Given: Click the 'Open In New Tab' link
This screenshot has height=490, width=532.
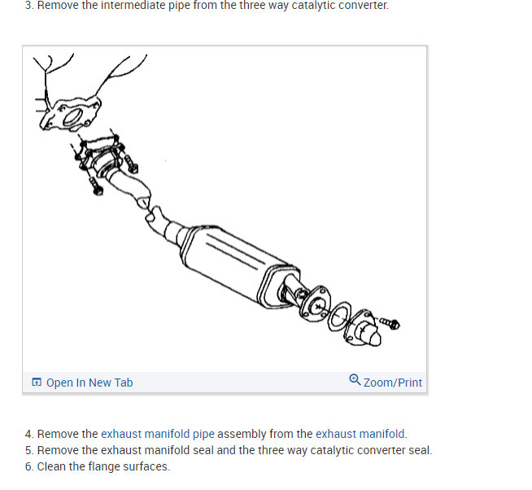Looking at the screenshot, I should point(89,383).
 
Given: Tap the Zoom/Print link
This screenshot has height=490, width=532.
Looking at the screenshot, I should point(393,383).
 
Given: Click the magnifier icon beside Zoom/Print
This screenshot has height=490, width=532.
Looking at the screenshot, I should point(355,380).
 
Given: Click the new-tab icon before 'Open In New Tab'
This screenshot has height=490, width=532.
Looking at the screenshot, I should point(36,383).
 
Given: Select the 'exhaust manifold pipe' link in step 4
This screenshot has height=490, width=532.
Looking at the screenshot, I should point(157,434).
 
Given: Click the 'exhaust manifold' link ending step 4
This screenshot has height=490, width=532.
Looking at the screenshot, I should point(360,434).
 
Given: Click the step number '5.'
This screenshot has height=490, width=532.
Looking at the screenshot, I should point(29,450).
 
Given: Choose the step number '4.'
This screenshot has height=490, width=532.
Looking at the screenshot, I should point(29,434).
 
